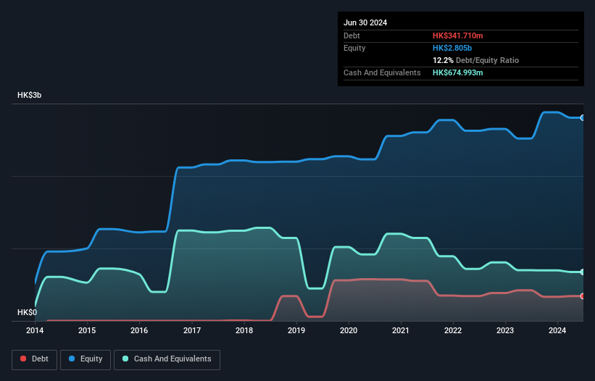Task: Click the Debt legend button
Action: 35,359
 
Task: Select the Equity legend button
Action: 86,359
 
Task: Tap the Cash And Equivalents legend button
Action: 167,359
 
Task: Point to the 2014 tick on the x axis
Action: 35,330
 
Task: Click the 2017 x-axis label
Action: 192,330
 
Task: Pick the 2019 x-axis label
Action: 296,330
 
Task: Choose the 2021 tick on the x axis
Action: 401,330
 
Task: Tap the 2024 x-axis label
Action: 557,330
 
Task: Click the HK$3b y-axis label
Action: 30,96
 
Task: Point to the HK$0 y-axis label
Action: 27,313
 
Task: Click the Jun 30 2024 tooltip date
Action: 365,22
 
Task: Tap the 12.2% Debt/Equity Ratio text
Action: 475,60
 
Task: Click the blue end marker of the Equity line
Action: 582,117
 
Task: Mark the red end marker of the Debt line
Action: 582,296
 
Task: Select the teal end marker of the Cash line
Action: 582,272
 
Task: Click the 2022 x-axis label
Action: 453,330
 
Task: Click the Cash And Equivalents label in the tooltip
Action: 382,72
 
